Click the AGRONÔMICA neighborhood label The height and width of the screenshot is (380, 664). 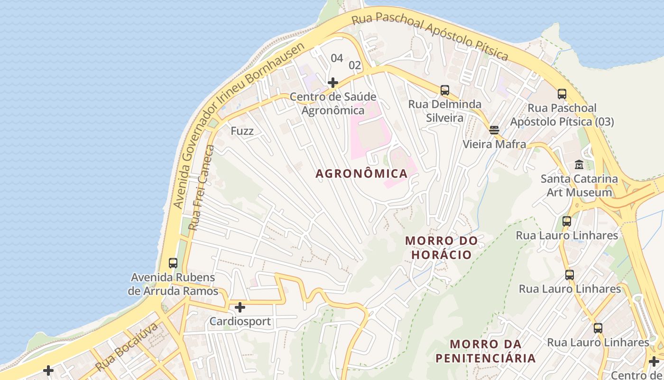pyautogui.click(x=361, y=173)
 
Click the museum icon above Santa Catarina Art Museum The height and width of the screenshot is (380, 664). pyautogui.click(x=579, y=165)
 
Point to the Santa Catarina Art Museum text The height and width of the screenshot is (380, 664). pyautogui.click(x=579, y=186)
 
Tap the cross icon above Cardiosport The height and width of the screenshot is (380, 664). pyautogui.click(x=240, y=307)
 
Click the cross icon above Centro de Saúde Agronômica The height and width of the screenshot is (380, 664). pyautogui.click(x=333, y=83)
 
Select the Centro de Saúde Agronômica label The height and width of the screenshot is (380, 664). pyautogui.click(x=333, y=104)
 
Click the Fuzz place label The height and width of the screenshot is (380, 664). pyautogui.click(x=242, y=131)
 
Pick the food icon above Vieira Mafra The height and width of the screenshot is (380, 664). pyautogui.click(x=494, y=130)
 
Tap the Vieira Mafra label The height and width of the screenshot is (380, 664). pyautogui.click(x=494, y=144)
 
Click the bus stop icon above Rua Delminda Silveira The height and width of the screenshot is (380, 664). pyautogui.click(x=444, y=90)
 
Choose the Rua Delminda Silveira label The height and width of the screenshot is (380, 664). pyautogui.click(x=444, y=111)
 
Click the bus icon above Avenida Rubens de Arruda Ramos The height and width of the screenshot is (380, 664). pyautogui.click(x=173, y=263)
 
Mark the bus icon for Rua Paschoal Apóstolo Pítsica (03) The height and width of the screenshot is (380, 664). pyautogui.click(x=562, y=94)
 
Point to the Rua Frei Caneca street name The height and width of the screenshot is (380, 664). pyautogui.click(x=202, y=188)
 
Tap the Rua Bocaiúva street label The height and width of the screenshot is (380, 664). pyautogui.click(x=126, y=348)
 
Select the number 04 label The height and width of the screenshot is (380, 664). pyautogui.click(x=337, y=58)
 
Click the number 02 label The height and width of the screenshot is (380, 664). pyautogui.click(x=355, y=65)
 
